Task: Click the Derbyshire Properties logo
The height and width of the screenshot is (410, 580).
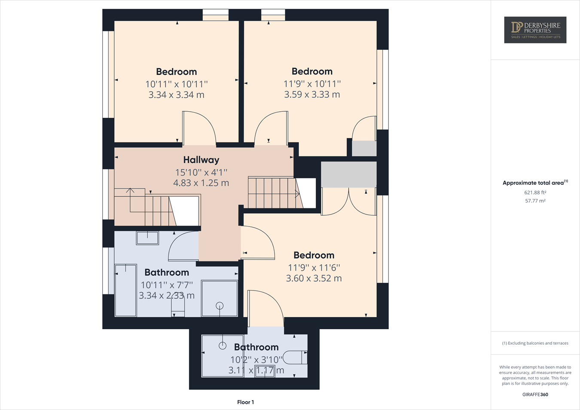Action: pyautogui.click(x=535, y=30)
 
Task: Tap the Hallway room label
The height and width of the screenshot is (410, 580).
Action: pyautogui.click(x=201, y=160)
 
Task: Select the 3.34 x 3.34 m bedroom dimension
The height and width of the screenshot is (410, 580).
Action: pyautogui.click(x=176, y=95)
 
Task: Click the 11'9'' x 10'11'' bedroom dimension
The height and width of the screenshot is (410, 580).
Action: pyautogui.click(x=312, y=84)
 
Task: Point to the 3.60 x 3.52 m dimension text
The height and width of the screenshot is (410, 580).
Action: pyautogui.click(x=314, y=278)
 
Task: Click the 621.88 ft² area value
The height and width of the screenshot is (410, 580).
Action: pyautogui.click(x=535, y=193)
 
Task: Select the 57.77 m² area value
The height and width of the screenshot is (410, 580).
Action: pyautogui.click(x=535, y=201)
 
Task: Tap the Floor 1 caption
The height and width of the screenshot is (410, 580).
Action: pyautogui.click(x=245, y=402)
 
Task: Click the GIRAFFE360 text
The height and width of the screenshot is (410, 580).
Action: pyautogui.click(x=535, y=395)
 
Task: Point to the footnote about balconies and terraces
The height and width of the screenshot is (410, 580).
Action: pyautogui.click(x=535, y=343)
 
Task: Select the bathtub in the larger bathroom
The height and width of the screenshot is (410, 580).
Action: pyautogui.click(x=125, y=290)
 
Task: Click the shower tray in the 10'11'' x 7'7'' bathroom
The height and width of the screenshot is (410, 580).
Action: pyautogui.click(x=220, y=298)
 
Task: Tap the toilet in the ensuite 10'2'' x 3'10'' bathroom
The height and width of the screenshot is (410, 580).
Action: pyautogui.click(x=297, y=357)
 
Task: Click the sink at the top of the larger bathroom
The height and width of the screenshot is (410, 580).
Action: pyautogui.click(x=147, y=238)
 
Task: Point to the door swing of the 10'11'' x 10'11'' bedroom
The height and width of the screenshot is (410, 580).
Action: pyautogui.click(x=198, y=128)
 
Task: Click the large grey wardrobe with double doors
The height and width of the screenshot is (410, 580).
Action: pyautogui.click(x=348, y=174)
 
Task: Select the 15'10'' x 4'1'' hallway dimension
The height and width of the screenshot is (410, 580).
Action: pyautogui.click(x=201, y=172)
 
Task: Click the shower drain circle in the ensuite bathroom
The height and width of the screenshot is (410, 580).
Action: pyautogui.click(x=223, y=346)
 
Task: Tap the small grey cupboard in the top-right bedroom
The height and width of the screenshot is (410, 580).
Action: pyautogui.click(x=364, y=148)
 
